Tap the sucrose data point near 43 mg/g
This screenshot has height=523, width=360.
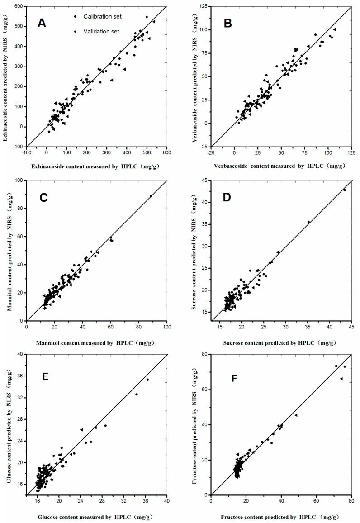point(344,190)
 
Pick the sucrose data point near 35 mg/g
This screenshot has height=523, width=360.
point(309,222)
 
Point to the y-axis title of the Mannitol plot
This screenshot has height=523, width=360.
point(10,250)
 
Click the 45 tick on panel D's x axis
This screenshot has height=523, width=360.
point(351,327)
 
